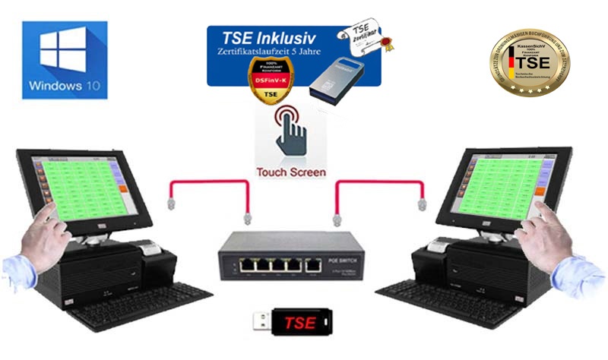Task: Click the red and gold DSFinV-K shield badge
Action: pyautogui.click(x=269, y=81)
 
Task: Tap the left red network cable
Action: pyautogui.click(x=205, y=185)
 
